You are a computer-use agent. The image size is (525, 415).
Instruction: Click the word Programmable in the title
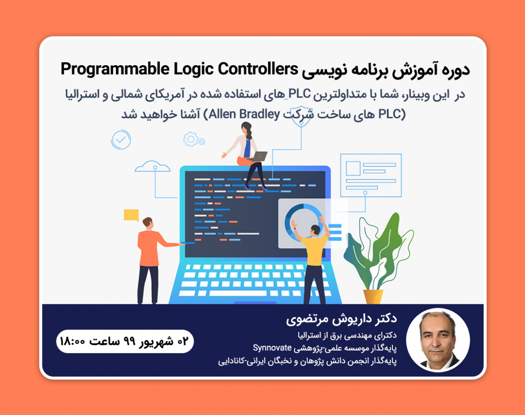[103, 70]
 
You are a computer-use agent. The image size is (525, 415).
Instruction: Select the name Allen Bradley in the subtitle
[244, 114]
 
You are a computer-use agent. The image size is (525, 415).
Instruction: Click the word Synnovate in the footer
[272, 348]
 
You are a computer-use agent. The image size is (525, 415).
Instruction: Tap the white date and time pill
[125, 341]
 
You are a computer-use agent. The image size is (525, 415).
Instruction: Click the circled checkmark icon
[121, 140]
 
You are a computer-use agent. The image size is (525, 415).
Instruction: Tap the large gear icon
[191, 139]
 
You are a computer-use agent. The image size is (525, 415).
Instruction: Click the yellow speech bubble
[131, 215]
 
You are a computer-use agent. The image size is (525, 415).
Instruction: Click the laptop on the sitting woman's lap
[259, 156]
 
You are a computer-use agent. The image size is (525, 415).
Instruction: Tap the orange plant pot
[373, 296]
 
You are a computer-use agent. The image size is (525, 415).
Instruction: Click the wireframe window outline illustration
[371, 176]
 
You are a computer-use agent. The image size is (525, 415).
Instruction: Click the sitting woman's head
[246, 127]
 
